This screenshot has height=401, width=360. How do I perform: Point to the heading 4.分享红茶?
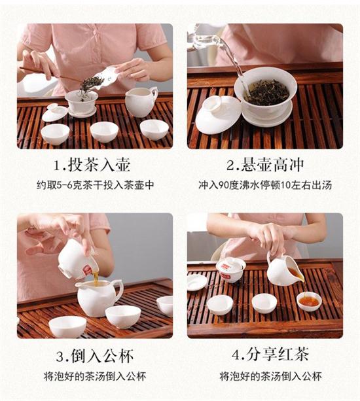tap(266, 357)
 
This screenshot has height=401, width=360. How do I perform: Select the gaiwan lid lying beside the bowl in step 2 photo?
tap(217, 116)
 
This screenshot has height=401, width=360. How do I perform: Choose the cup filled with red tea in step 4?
tap(309, 302)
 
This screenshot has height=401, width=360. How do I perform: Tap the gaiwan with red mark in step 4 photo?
tap(230, 268)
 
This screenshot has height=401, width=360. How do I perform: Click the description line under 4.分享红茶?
tap(266, 376)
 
